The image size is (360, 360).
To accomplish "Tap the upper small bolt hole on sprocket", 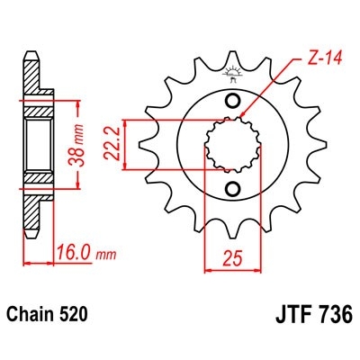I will click(233, 100).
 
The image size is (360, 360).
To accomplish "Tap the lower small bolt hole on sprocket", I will click(233, 188).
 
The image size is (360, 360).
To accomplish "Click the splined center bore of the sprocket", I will click(232, 144).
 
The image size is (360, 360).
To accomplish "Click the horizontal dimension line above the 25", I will click(231, 266).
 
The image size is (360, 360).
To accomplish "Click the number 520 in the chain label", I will click(75, 318).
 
